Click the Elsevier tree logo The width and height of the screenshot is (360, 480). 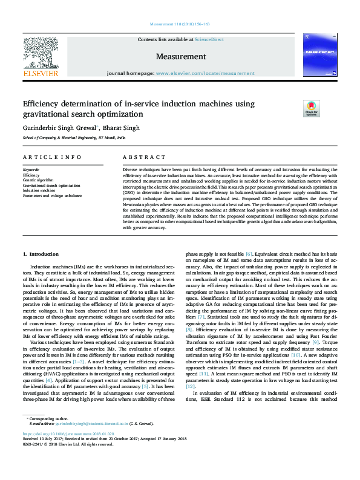[x=40, y=53]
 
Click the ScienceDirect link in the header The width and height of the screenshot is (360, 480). [x=209, y=39]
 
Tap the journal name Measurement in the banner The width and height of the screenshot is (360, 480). [x=181, y=57]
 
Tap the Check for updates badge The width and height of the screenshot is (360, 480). [x=311, y=109]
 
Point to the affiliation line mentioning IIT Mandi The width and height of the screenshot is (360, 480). [x=74, y=138]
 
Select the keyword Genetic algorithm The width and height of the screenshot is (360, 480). [x=38, y=180]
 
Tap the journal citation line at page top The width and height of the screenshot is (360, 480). [x=180, y=24]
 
